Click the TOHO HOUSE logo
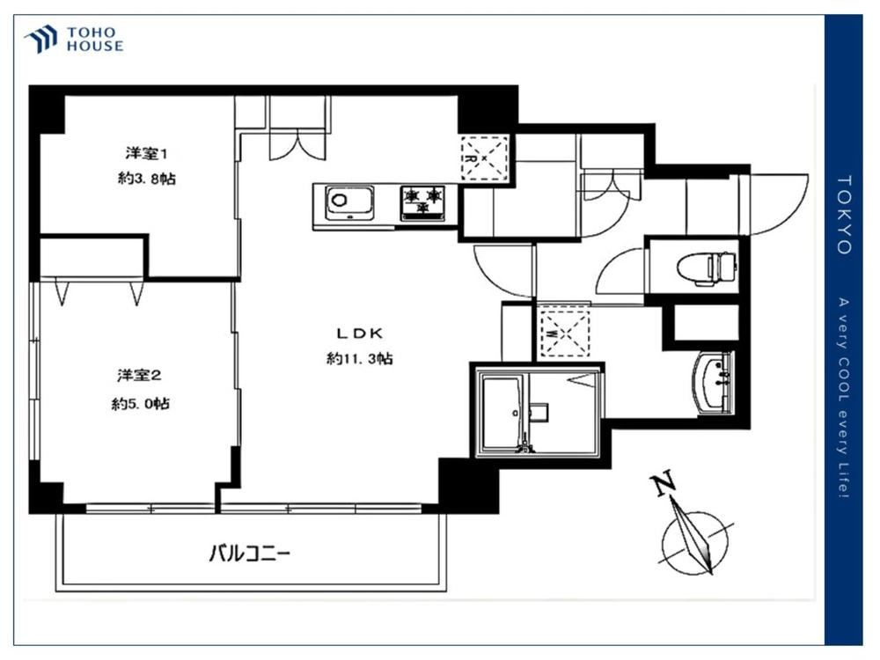point(74,40)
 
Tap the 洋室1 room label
point(146,152)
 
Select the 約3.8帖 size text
point(146,179)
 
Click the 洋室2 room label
point(139,375)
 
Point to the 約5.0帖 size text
point(140,403)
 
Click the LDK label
point(360,334)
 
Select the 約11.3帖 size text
point(360,358)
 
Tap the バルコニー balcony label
point(250,554)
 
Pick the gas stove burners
point(422,202)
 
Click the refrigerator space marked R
point(484,158)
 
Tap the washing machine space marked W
point(564,333)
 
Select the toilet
point(707,267)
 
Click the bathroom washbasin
point(714,383)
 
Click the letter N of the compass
point(663,484)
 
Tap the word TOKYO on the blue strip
point(844,215)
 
